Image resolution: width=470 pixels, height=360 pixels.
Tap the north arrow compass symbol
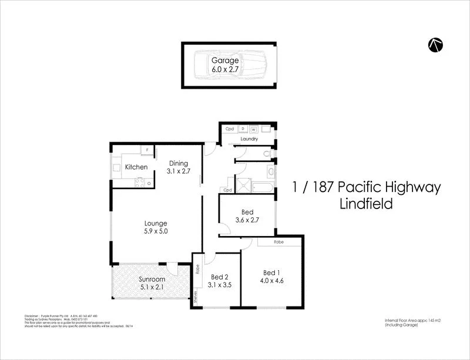(x=435, y=45)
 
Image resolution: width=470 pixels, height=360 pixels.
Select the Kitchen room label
(x=136, y=167)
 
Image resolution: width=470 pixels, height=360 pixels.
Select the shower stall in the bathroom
(x=243, y=184)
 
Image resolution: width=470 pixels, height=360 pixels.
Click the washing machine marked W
(x=254, y=129)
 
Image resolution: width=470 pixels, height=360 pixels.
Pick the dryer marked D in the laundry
(x=243, y=129)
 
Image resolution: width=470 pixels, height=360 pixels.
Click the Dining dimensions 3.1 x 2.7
(x=178, y=171)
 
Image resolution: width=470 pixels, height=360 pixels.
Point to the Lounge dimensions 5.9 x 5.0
(x=156, y=231)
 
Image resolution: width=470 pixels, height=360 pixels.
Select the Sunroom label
(x=152, y=280)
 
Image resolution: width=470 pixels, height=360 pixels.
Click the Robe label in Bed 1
(x=280, y=242)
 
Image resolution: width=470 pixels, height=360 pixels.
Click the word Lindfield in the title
(x=367, y=204)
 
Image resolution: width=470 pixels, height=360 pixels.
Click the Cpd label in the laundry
(x=230, y=129)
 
